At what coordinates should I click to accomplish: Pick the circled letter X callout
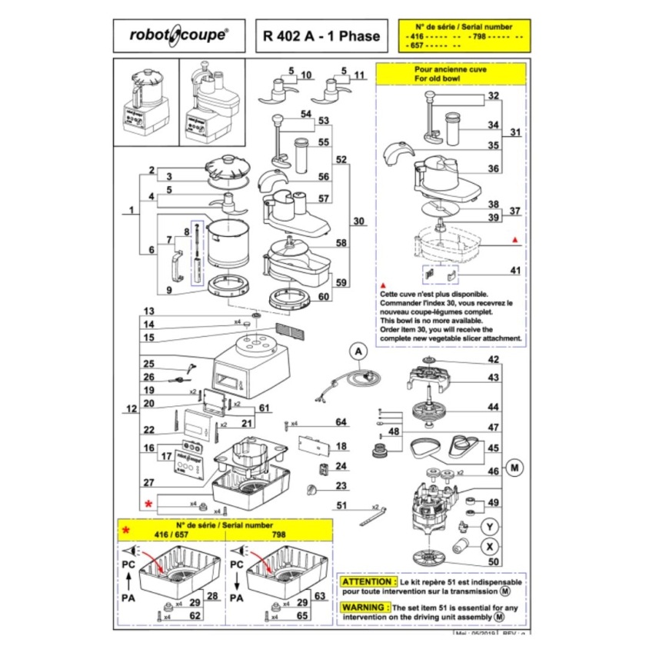point(488,547)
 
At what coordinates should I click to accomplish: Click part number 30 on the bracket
point(358,221)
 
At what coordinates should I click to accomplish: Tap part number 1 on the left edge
point(132,209)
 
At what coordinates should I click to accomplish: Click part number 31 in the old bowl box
point(514,132)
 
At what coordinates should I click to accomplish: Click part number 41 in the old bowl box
point(493,270)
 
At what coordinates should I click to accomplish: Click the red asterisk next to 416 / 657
point(126,530)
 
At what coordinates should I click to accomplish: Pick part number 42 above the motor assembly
point(493,360)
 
